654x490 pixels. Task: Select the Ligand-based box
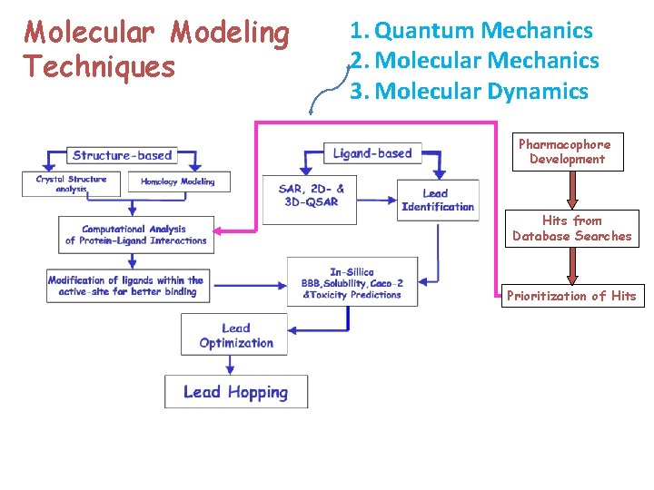[372, 153]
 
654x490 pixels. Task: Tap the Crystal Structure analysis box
[72, 183]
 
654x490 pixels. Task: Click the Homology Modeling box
[178, 181]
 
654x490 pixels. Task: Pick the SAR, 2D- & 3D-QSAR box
[312, 195]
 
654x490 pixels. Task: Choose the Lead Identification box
[437, 201]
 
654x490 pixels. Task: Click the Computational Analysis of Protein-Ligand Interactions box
[135, 235]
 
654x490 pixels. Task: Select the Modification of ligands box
[126, 286]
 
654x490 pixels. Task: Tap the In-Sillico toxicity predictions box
[352, 283]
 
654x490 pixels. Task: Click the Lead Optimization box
[235, 335]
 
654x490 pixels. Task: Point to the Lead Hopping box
[235, 392]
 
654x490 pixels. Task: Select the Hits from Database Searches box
[572, 229]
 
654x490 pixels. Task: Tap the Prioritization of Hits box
[571, 296]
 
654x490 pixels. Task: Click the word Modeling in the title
[230, 33]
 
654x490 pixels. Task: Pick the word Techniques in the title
[100, 66]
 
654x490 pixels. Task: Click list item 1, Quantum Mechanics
[471, 31]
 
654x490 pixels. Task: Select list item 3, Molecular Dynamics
[470, 91]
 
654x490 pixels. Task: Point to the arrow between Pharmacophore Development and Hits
[571, 190]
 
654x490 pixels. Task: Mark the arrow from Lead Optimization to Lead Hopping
[232, 362]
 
